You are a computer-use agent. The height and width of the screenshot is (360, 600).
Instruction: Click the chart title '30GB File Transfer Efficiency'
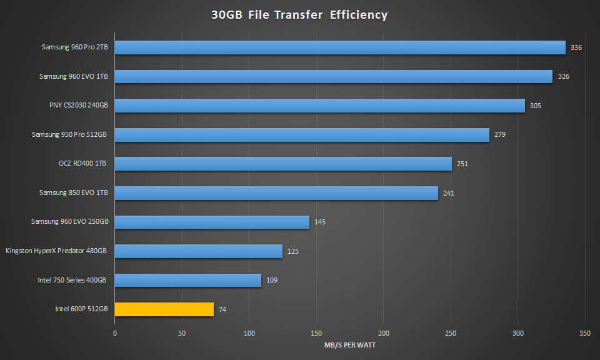point(299,15)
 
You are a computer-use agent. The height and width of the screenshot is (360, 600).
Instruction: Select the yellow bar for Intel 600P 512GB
point(164,309)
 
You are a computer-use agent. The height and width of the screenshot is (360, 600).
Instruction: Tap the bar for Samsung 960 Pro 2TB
point(340,47)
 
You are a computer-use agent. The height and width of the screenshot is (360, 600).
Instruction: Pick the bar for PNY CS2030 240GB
point(320,106)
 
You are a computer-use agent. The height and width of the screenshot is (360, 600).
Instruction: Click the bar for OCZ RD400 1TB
point(283,164)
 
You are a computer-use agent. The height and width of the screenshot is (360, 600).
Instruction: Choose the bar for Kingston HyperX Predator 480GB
point(199,251)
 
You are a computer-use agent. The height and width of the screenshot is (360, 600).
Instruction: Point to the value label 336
point(576,47)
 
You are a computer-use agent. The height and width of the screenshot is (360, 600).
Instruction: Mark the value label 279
point(500,135)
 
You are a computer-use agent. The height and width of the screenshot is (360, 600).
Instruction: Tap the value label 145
point(320,222)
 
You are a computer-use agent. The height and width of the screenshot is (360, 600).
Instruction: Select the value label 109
point(272,280)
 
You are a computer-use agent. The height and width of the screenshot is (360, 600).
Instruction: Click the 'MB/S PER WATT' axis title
point(349,346)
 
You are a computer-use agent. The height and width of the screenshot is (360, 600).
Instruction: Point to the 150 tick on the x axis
point(316,333)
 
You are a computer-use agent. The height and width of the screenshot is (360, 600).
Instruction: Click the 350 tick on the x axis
point(585,333)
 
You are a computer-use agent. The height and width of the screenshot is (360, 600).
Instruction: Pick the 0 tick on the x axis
point(115,333)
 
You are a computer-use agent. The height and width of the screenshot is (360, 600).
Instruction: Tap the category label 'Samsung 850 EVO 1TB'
point(73,192)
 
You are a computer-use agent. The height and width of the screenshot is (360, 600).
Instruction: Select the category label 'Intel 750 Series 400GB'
point(72,280)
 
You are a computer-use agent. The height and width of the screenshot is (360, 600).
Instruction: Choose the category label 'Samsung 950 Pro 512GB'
point(70,135)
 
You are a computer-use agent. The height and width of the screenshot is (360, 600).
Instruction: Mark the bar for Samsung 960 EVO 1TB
point(334,76)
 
